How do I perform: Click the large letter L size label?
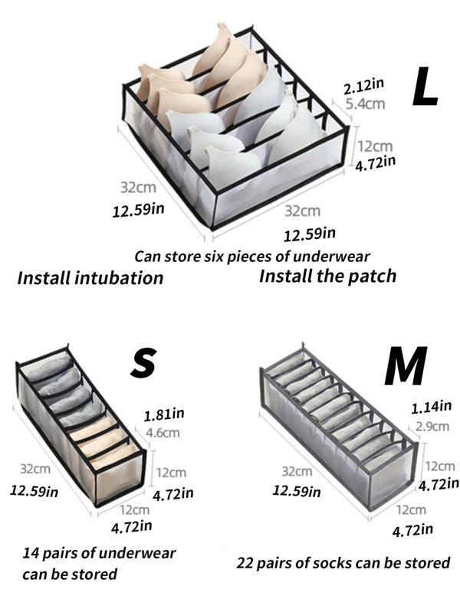(x=425, y=87)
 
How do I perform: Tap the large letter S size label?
(x=143, y=364)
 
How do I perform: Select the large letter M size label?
(x=406, y=365)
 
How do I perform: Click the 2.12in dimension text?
(x=364, y=87)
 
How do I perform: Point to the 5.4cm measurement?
(x=366, y=104)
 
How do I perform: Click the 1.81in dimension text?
(x=164, y=414)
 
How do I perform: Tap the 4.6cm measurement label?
(x=163, y=433)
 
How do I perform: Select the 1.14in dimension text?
(x=431, y=407)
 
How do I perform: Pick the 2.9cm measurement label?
(x=432, y=426)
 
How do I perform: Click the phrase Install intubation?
(x=90, y=278)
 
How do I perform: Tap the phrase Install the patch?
(x=328, y=276)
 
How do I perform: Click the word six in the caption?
(x=215, y=257)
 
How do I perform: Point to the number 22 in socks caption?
(x=245, y=563)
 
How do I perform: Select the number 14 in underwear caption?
(x=30, y=553)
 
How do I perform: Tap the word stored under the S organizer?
(x=96, y=574)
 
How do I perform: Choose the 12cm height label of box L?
(x=375, y=146)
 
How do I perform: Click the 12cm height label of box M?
(x=440, y=466)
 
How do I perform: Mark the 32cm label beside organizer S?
(x=35, y=468)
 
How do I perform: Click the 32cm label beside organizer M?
(x=297, y=471)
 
